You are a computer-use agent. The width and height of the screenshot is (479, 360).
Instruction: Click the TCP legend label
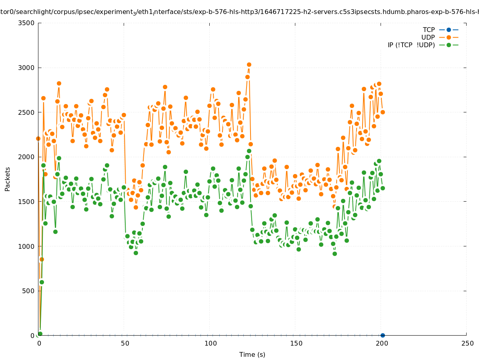(429, 30)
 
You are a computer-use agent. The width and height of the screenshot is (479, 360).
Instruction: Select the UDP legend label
(428, 37)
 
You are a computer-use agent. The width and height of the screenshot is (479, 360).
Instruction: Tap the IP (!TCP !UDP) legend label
(411, 45)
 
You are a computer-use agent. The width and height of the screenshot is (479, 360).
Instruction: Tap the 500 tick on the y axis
(28, 291)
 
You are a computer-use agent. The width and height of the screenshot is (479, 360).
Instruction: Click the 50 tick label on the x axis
(125, 343)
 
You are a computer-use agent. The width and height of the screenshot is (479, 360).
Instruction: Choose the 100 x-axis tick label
(210, 343)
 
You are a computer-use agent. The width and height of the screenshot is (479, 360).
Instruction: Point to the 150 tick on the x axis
(296, 343)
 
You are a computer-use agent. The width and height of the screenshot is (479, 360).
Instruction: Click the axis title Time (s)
(252, 354)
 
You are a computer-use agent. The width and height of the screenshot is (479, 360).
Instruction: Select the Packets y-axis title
(8, 179)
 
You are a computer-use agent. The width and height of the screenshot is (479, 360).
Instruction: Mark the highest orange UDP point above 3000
(249, 64)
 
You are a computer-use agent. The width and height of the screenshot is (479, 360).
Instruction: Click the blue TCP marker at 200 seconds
(383, 335)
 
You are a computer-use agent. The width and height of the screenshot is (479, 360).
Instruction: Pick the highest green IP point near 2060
(249, 151)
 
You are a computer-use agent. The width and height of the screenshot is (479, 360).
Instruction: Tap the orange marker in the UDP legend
(449, 37)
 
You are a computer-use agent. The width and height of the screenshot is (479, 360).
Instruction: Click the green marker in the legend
(449, 45)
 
